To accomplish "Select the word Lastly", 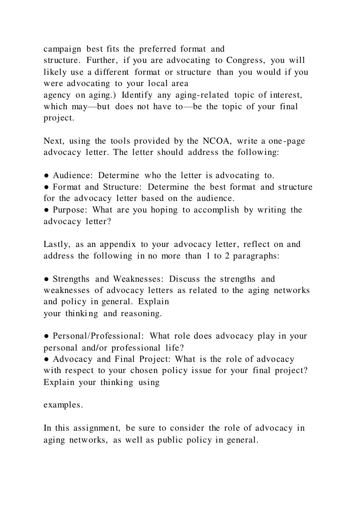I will click(57, 244).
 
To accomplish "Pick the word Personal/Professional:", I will click(98, 336).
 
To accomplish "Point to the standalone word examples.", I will click(63, 405).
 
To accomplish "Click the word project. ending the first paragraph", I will click(59, 118).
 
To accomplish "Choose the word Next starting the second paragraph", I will click(53, 141).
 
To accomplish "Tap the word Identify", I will click(137, 95).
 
